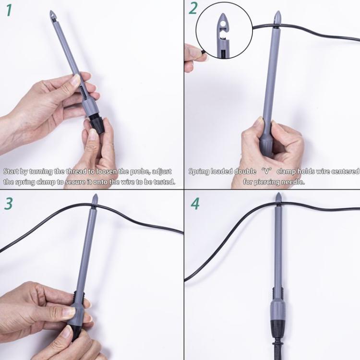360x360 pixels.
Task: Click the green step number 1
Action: (x=8, y=10)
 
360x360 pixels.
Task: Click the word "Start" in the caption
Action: (x=12, y=171)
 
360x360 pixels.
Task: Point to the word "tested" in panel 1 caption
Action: (x=163, y=182)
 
